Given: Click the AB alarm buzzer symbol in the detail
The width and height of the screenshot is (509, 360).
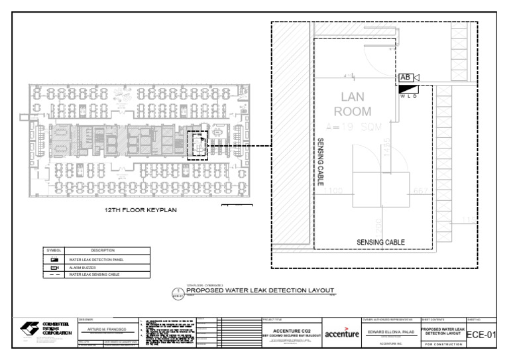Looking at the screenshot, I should tap(406, 78).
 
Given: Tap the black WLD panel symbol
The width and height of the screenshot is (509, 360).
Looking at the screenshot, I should tap(409, 88).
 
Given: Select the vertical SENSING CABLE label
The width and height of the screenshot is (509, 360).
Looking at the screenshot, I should tap(321, 161).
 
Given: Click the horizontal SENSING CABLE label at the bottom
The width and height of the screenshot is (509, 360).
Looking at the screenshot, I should tap(380, 242).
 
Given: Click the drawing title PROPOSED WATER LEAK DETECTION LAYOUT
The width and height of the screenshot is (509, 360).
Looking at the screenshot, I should tap(260, 290).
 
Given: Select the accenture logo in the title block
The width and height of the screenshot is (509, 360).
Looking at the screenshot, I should tap(341, 333).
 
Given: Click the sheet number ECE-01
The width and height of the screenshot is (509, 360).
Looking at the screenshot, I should tap(481, 334).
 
